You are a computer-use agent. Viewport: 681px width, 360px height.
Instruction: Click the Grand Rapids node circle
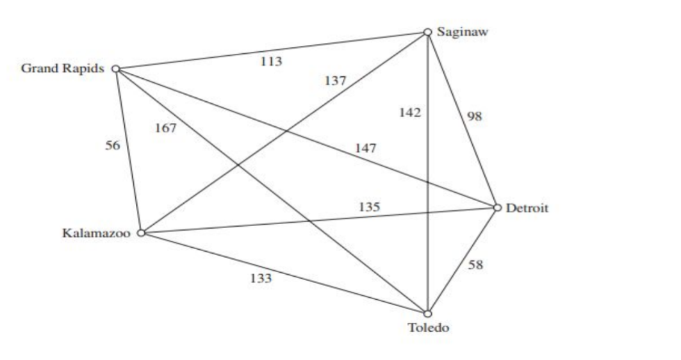click(116, 69)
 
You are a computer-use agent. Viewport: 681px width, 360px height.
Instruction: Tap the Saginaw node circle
click(427, 32)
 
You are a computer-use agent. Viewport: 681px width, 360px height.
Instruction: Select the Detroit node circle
click(497, 208)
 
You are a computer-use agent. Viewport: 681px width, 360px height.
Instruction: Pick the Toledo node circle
click(427, 313)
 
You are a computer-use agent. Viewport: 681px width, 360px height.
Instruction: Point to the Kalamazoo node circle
click(142, 233)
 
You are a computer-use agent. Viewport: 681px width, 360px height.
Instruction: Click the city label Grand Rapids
click(62, 69)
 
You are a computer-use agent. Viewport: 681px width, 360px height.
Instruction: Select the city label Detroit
click(527, 208)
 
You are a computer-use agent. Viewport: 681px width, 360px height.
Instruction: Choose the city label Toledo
click(429, 329)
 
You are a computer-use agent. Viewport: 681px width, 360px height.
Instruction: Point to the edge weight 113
click(271, 61)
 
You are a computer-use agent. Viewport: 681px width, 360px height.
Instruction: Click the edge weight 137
click(335, 81)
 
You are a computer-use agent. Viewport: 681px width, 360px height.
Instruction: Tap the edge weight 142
click(410, 113)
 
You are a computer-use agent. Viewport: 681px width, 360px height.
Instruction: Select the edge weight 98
click(475, 116)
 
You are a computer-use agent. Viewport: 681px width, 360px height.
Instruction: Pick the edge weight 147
click(366, 149)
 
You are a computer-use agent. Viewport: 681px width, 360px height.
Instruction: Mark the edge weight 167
click(165, 128)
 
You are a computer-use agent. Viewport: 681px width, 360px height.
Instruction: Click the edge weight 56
click(112, 145)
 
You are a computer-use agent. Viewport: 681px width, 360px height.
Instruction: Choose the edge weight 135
click(369, 207)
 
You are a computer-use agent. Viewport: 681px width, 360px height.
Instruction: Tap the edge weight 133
click(260, 278)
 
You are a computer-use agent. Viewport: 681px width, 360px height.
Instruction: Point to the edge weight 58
click(475, 265)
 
